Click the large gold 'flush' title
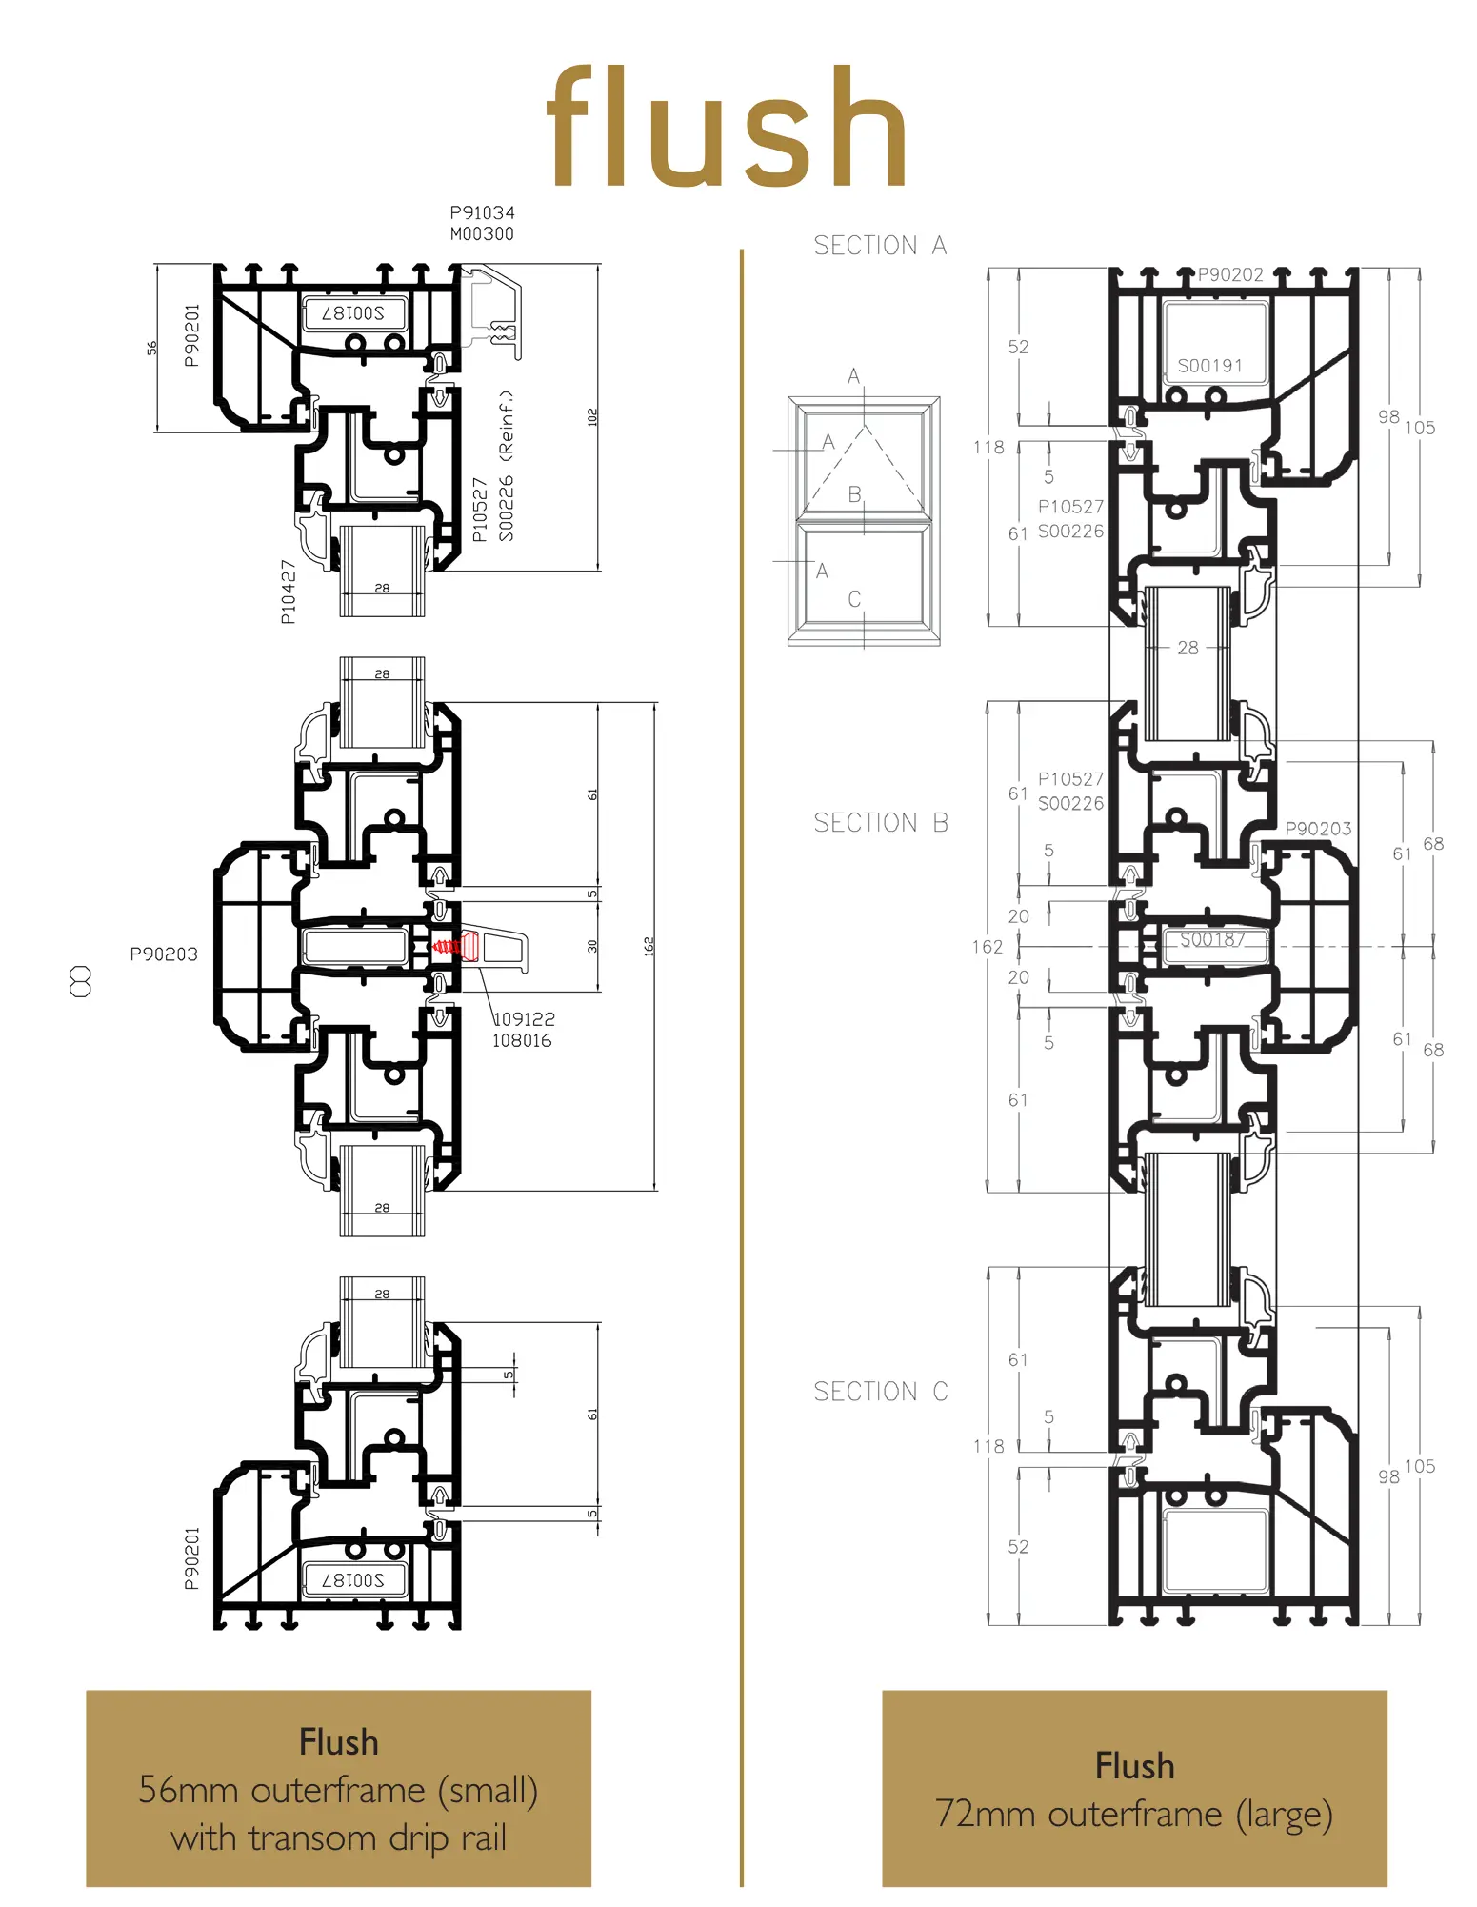click(727, 128)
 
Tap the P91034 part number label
click(482, 212)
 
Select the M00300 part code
click(482, 234)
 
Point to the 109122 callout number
click(524, 1019)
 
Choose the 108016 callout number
click(522, 1041)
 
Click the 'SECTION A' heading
click(880, 246)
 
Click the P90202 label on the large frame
click(1230, 275)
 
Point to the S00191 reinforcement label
click(1210, 366)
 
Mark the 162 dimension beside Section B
click(988, 947)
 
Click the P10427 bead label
click(289, 592)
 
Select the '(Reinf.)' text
click(507, 423)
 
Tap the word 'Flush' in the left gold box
click(339, 1742)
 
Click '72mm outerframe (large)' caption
click(1134, 1814)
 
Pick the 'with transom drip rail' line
click(339, 1837)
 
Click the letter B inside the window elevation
click(854, 494)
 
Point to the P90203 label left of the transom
click(164, 954)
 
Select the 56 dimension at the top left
click(152, 348)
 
